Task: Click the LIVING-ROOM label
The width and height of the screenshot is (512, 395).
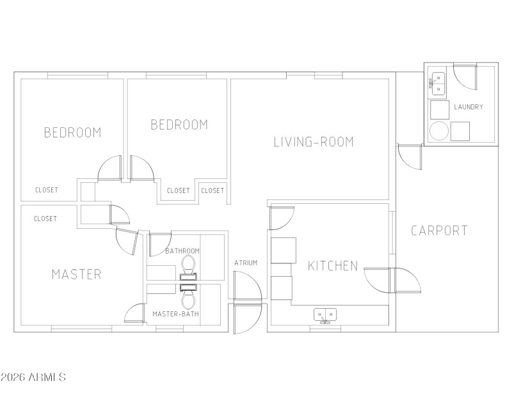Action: click(314, 142)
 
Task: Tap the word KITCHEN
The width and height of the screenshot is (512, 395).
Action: click(333, 266)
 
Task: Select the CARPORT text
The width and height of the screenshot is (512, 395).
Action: click(439, 231)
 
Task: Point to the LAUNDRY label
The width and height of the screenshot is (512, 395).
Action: click(468, 107)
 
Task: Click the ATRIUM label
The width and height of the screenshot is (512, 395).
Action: click(246, 263)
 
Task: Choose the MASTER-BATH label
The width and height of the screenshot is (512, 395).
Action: click(175, 314)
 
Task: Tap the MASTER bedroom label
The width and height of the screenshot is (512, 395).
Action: click(76, 275)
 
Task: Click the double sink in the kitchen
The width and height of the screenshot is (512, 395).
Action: click(325, 314)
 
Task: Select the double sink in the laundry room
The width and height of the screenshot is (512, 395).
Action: click(438, 82)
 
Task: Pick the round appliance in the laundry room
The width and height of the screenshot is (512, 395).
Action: click(438, 131)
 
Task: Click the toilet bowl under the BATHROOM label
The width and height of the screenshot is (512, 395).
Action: click(188, 263)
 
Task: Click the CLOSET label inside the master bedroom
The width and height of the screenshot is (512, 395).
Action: click(45, 219)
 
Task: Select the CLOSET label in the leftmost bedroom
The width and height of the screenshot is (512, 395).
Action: click(47, 190)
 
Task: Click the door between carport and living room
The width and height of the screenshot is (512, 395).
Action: click(408, 156)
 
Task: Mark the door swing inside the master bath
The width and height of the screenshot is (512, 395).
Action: click(135, 313)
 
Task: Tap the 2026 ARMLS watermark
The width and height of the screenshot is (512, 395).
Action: click(33, 378)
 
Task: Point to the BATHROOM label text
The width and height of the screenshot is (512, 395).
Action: click(182, 251)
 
